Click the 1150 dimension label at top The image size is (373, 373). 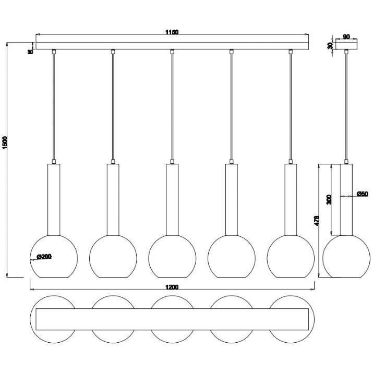[172, 32]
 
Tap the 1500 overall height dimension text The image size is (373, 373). [5, 143]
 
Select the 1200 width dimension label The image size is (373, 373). [172, 287]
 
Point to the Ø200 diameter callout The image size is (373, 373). [44, 257]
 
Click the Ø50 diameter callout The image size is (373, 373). [362, 194]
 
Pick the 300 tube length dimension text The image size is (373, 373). [329, 199]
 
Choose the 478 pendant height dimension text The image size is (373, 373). [316, 221]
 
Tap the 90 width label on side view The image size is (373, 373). [346, 37]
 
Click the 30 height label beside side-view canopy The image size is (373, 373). [330, 46]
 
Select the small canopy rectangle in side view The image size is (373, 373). [346, 44]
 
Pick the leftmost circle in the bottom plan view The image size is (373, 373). [30, 319]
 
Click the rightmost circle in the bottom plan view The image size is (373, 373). [314, 319]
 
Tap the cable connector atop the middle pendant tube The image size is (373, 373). [172, 162]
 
